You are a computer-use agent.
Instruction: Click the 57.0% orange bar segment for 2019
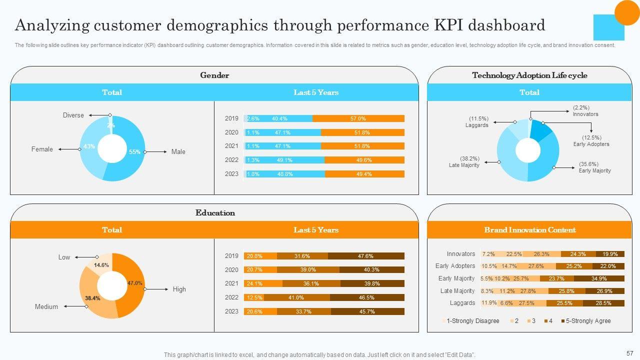(x=358, y=118)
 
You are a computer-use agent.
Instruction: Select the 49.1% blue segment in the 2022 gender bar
(x=284, y=160)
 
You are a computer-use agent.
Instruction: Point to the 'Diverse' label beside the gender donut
(x=73, y=115)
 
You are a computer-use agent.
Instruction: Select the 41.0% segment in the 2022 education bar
(x=296, y=297)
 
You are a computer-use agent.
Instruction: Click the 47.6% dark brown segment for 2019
(x=365, y=256)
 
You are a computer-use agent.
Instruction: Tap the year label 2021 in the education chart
(x=231, y=283)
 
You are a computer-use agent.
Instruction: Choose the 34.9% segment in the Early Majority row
(x=598, y=278)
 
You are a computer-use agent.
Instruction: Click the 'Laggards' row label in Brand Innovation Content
(x=462, y=303)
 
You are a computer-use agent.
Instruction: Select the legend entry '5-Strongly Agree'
(x=588, y=321)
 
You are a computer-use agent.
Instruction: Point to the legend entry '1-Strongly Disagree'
(x=472, y=321)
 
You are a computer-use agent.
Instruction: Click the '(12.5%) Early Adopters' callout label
(x=591, y=141)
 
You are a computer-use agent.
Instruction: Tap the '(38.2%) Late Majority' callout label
(x=464, y=162)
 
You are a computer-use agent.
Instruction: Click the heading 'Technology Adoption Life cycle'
(x=529, y=75)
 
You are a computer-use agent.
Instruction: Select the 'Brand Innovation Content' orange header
(x=529, y=230)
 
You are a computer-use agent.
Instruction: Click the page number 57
(x=629, y=352)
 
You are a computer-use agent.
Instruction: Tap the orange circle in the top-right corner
(x=627, y=12)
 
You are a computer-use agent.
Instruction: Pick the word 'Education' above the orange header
(x=215, y=213)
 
